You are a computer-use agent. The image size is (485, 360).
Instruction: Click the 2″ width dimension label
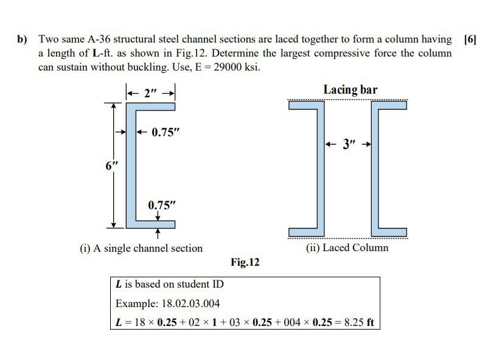click(x=150, y=94)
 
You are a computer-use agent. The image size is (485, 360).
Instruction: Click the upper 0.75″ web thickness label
click(x=166, y=132)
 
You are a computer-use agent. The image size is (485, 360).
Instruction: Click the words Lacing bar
click(x=350, y=90)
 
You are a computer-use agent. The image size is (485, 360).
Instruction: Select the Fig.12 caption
click(x=245, y=263)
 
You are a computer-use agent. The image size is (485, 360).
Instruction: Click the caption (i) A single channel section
click(x=141, y=248)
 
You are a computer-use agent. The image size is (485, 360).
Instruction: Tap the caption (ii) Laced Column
click(x=347, y=247)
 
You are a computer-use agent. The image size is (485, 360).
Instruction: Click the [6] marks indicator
click(x=470, y=40)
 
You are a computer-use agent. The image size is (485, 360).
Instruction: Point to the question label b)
click(x=23, y=40)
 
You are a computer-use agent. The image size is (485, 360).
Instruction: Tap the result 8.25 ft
click(x=358, y=322)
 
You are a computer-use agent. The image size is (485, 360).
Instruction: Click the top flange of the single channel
click(x=152, y=106)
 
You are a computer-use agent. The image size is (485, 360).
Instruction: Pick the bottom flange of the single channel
click(x=152, y=225)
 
